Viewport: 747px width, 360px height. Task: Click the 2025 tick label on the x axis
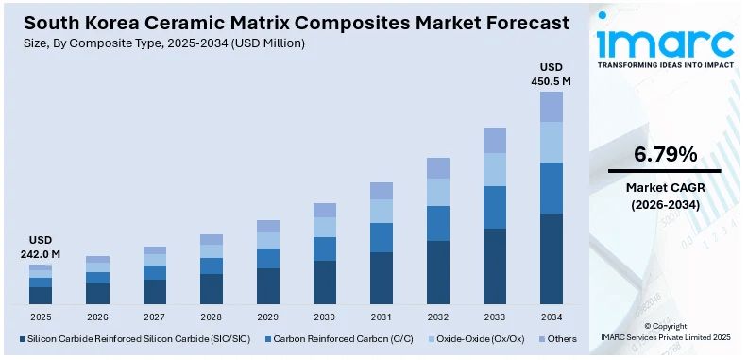[x=40, y=317]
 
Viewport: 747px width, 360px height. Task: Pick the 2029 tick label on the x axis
[x=268, y=317]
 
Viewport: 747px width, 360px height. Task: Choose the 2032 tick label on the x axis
[x=437, y=317]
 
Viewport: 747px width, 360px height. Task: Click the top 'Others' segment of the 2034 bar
[x=552, y=107]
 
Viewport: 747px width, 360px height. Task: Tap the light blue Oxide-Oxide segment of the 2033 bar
[x=494, y=169]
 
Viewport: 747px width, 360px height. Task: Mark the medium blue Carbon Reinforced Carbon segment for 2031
[x=381, y=237]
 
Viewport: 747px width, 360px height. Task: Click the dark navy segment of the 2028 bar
[x=212, y=288]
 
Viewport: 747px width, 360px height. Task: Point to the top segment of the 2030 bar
[x=325, y=210]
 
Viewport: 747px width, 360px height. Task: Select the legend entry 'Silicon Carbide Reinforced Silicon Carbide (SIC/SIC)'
[x=132, y=338]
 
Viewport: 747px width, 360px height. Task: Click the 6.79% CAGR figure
[x=664, y=154]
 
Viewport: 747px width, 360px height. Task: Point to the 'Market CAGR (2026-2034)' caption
[x=664, y=196]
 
